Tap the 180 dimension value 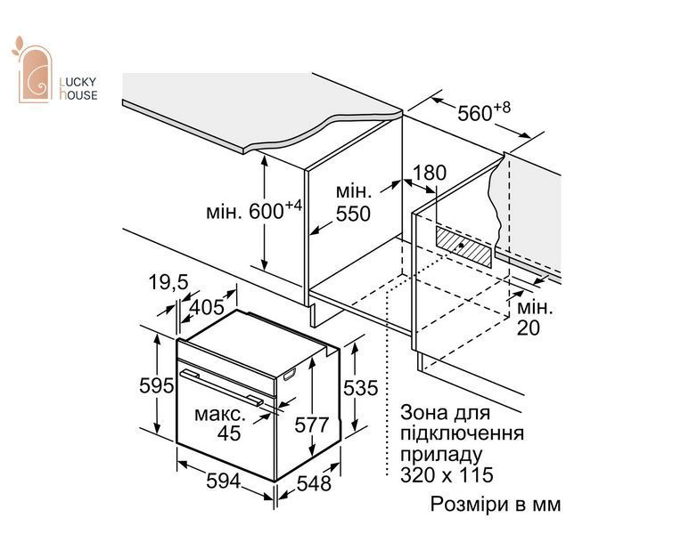coord(429,173)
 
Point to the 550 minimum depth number coord(353,214)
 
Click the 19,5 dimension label coord(168,282)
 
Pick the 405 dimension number coord(207,307)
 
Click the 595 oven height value coord(157,385)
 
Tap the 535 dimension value coord(360,388)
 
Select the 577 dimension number coord(312,425)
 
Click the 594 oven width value coord(224,481)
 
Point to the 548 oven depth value coord(314,483)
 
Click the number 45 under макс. coord(229,433)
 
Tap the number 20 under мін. coord(529,328)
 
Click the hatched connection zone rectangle coord(463,247)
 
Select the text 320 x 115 coord(447,474)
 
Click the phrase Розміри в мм coord(496,504)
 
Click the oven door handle coord(221,387)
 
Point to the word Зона coord(423,413)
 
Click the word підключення coord(462,433)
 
